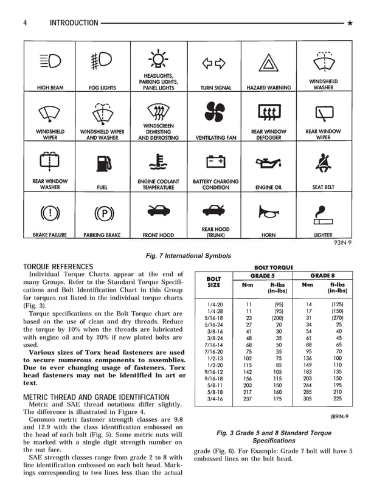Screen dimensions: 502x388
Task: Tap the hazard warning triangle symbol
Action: pos(268,63)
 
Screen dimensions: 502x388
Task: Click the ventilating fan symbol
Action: pos(215,113)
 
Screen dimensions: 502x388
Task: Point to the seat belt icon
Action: pos(322,162)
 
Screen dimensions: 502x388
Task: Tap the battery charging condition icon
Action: pos(215,162)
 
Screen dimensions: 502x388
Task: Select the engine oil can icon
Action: pos(268,163)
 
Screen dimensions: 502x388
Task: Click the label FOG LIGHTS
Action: pos(102,88)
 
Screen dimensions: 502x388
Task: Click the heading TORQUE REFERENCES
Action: pos(58,267)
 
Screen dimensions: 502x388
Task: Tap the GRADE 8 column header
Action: pos(324,275)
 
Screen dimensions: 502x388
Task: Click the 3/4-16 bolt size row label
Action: pos(213,399)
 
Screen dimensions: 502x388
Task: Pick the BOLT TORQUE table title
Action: pos(273,267)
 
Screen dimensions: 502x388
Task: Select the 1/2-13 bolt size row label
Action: pos(213,358)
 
